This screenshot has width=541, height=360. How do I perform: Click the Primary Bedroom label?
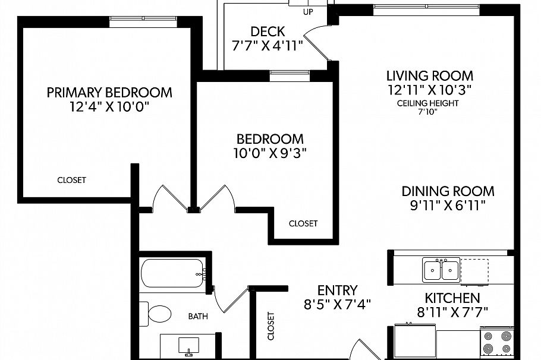pyautogui.click(x=109, y=93)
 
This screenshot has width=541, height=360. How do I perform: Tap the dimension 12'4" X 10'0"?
pyautogui.click(x=109, y=108)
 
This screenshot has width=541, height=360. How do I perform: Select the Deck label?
pyautogui.click(x=268, y=31)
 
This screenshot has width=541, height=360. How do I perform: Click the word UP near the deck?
pyautogui.click(x=308, y=12)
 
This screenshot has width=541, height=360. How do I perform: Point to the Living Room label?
pyautogui.click(x=429, y=76)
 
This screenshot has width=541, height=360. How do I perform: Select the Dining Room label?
pyautogui.click(x=448, y=191)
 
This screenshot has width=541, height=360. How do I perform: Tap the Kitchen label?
pyautogui.click(x=452, y=298)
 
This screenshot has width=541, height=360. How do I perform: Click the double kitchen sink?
pyautogui.click(x=441, y=270)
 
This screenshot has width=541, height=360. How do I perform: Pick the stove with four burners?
pyautogui.click(x=496, y=343)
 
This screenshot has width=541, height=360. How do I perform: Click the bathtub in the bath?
pyautogui.click(x=173, y=274)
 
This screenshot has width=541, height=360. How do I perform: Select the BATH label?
pyautogui.click(x=197, y=316)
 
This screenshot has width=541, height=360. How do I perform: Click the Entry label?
pyautogui.click(x=337, y=290)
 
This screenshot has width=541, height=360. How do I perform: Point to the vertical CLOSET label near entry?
pyautogui.click(x=271, y=326)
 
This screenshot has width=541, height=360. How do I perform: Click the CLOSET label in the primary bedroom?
pyautogui.click(x=71, y=180)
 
